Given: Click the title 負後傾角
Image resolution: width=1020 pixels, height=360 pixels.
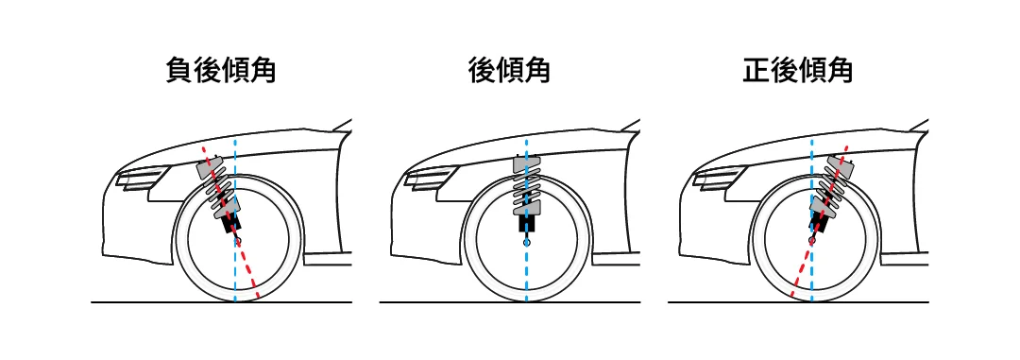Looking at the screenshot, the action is click(220, 70).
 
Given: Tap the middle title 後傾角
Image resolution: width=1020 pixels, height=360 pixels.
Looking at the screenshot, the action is click(509, 70).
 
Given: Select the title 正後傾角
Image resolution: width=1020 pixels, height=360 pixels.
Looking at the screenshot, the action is click(797, 70).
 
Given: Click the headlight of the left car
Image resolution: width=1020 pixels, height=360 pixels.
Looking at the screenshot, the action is click(141, 177).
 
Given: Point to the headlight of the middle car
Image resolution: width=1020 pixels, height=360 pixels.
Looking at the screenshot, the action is click(430, 177).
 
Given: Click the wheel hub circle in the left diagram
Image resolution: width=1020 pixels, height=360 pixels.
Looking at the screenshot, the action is click(237, 242).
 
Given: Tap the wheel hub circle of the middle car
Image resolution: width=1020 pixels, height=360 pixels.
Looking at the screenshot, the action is click(526, 242).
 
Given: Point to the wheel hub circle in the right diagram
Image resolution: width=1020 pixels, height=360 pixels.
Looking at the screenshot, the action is click(812, 242).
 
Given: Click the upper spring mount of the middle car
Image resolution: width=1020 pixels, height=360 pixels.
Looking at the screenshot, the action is click(526, 164).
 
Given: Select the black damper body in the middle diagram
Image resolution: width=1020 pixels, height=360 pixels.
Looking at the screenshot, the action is click(526, 222).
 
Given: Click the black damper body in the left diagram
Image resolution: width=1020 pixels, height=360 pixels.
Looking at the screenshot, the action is click(230, 222).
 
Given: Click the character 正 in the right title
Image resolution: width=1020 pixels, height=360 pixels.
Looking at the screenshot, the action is click(756, 70).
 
